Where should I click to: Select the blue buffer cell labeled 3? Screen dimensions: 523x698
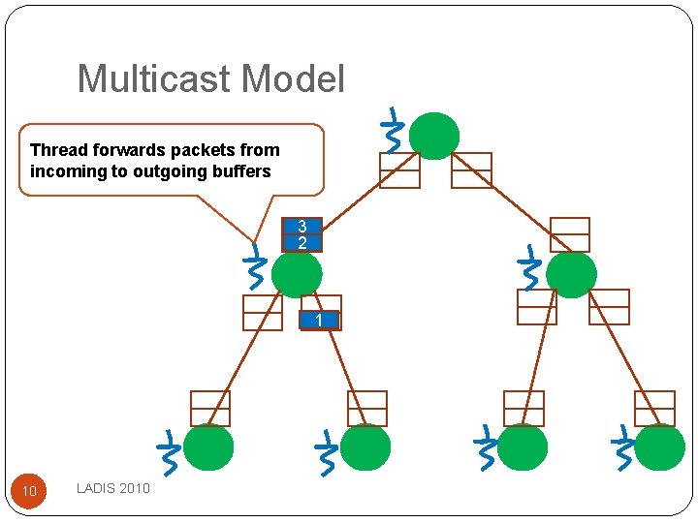[301, 227]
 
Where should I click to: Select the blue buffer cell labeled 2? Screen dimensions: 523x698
[301, 243]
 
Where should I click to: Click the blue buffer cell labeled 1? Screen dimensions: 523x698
[321, 321]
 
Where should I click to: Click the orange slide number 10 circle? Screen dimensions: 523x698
[29, 491]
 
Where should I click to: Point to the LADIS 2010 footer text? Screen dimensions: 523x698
[113, 488]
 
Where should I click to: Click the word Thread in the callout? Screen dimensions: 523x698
[59, 150]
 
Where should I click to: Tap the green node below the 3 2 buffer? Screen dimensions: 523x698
[297, 274]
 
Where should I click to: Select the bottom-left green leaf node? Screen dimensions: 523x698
[208, 447]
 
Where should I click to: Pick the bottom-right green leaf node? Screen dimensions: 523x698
[660, 447]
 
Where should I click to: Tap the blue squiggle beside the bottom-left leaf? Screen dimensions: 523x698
[169, 452]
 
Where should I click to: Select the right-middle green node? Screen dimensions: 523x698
[571, 274]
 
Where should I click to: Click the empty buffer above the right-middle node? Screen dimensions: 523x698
[569, 234]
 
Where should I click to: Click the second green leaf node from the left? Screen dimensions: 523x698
[365, 447]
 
